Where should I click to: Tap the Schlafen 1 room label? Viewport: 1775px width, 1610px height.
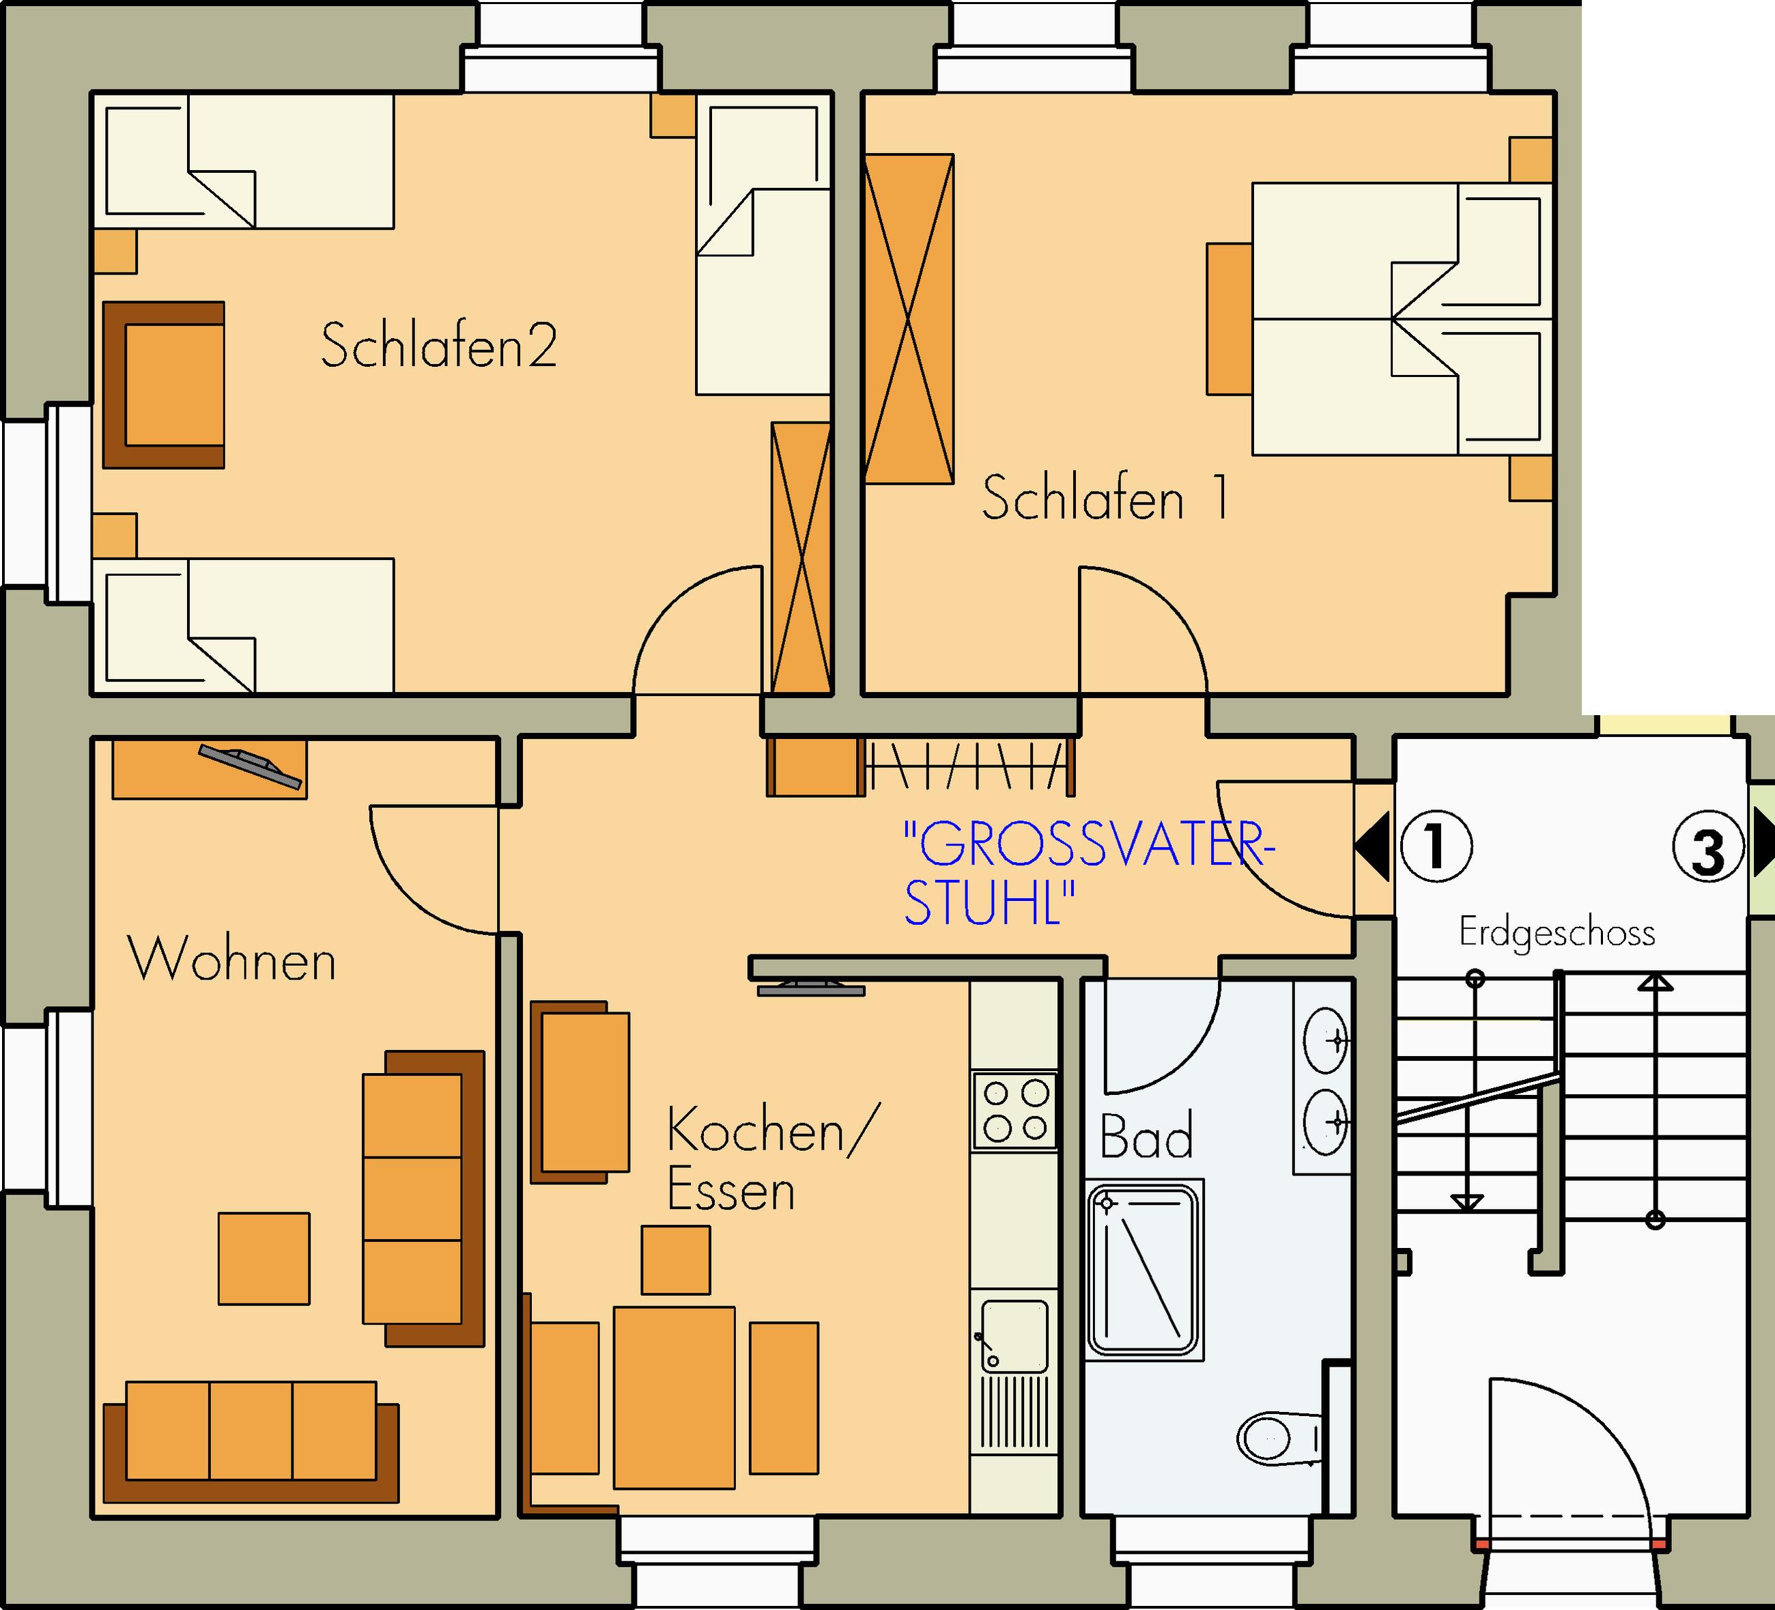coord(1105,498)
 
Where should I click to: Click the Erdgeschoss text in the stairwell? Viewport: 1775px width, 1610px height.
coord(1557,932)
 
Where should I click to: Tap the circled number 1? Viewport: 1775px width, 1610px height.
coord(1436,846)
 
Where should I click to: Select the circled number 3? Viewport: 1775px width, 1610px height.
coord(1708,846)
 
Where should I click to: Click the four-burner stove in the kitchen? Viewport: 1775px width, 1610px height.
coord(1014,1111)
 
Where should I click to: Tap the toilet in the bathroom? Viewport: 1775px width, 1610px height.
coord(1280,1439)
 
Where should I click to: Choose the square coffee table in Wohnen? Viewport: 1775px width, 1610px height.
coord(264,1259)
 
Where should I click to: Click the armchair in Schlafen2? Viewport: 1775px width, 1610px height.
coord(164,385)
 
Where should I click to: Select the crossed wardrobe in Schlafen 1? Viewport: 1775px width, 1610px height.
coord(909,319)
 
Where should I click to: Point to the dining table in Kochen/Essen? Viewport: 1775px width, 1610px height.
coord(674,1398)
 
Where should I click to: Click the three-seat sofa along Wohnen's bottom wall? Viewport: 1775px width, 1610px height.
coord(251,1442)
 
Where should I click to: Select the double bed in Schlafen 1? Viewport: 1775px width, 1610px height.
coord(1402,319)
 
